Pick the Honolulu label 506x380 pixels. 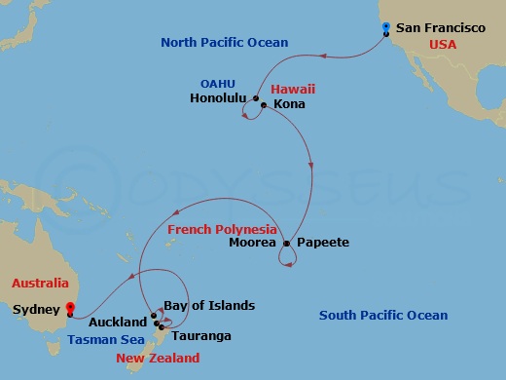(x=218, y=98)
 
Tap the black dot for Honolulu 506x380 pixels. (x=255, y=99)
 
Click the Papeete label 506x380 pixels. (x=321, y=243)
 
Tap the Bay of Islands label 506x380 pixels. (x=209, y=305)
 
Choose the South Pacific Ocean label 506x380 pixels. (x=384, y=315)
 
